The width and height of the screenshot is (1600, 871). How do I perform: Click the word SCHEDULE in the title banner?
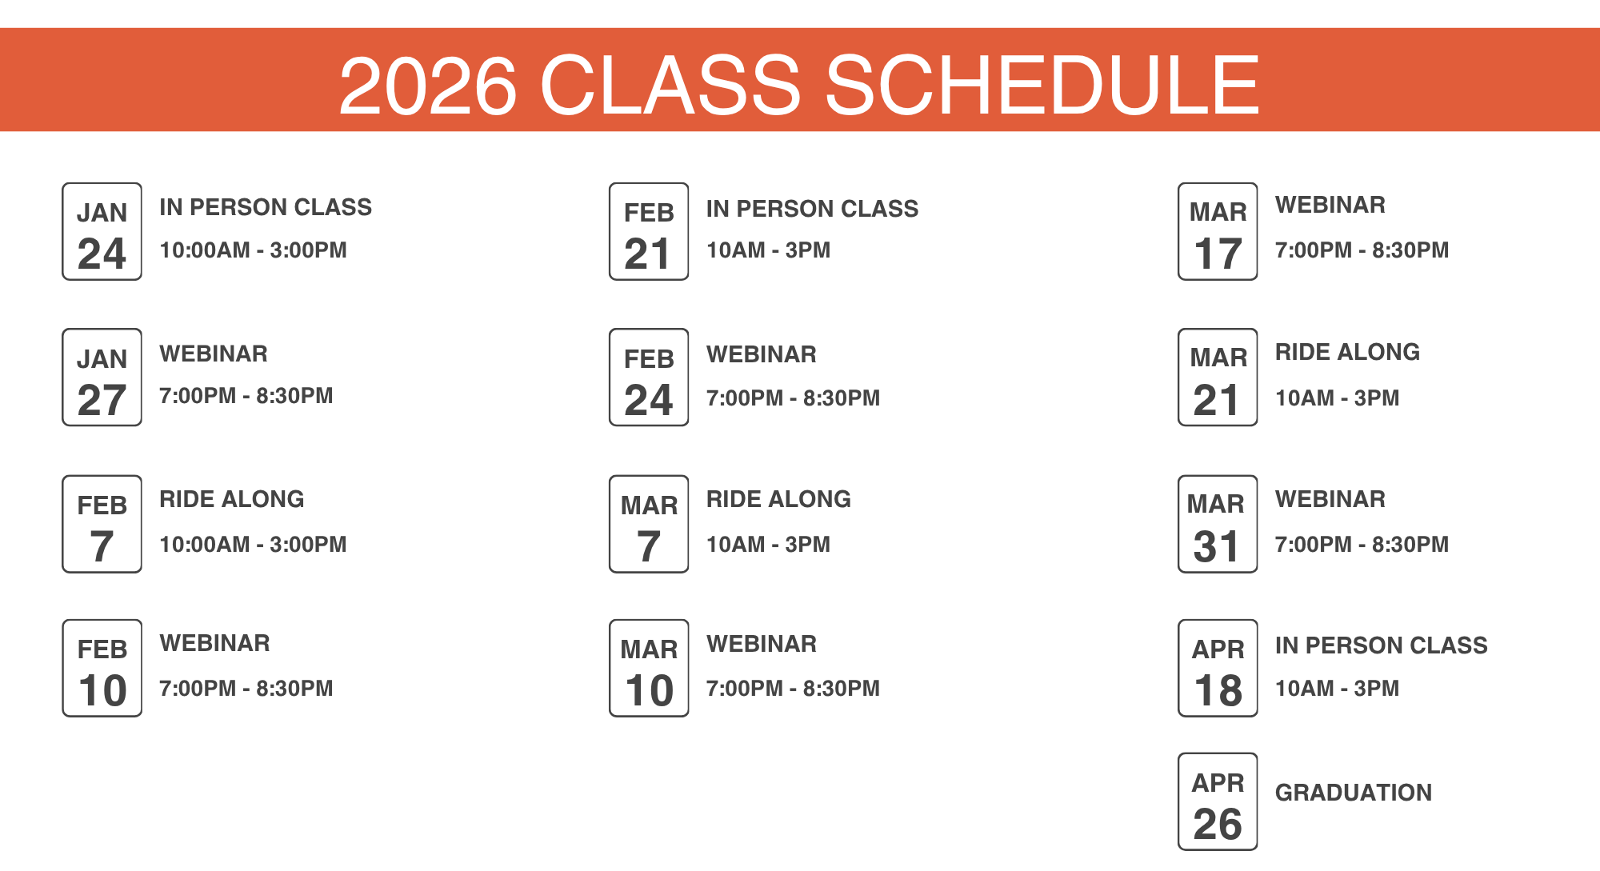(x=1042, y=85)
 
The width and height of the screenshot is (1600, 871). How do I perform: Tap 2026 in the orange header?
(x=428, y=85)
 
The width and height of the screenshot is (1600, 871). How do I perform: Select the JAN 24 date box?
(x=102, y=231)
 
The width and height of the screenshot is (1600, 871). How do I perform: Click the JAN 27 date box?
(x=102, y=378)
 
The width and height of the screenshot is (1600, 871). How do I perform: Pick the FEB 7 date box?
(x=102, y=524)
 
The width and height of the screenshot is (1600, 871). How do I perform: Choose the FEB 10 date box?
(x=102, y=668)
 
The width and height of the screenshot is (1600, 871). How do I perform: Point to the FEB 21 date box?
(x=649, y=231)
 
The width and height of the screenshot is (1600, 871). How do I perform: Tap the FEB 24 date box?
(x=649, y=378)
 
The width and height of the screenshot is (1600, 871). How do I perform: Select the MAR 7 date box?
(x=649, y=524)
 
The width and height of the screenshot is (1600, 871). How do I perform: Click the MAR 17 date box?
(x=1218, y=231)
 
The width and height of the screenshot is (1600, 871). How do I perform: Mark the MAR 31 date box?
(x=1218, y=524)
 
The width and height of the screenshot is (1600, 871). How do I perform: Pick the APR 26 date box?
(x=1218, y=801)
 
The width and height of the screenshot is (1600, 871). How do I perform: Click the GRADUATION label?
(x=1354, y=793)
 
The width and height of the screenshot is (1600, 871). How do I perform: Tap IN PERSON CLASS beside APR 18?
(x=1382, y=645)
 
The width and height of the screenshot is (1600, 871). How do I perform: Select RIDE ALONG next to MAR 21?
(x=1347, y=352)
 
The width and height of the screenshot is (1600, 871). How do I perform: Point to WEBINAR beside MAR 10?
(x=762, y=644)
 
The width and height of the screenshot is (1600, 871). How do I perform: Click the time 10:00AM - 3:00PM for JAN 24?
(x=253, y=250)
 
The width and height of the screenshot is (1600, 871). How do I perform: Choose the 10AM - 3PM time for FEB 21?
(x=768, y=250)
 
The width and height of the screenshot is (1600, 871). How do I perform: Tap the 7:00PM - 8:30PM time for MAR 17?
(x=1362, y=250)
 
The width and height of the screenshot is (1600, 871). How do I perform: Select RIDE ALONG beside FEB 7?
(x=232, y=499)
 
